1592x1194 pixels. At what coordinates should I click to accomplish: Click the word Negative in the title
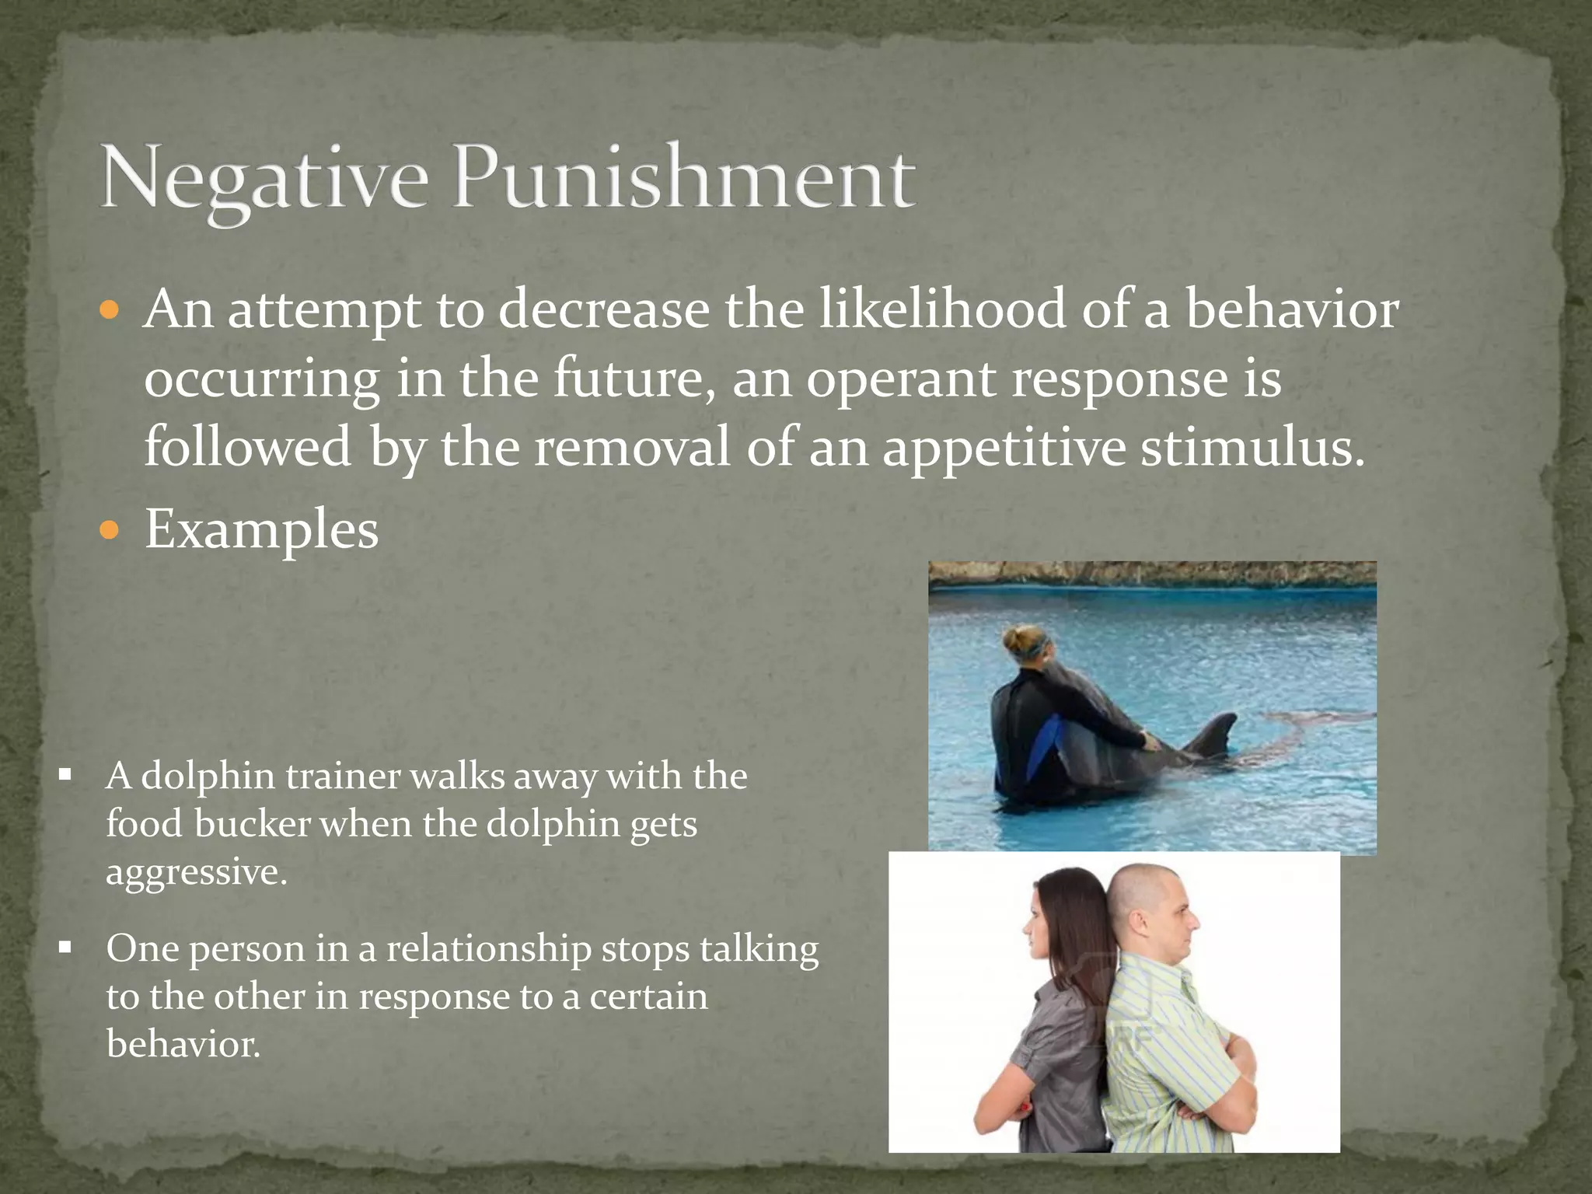pyautogui.click(x=264, y=179)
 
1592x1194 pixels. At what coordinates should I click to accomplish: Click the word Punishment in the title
pyautogui.click(x=684, y=179)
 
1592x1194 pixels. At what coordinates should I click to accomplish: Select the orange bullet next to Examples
pyautogui.click(x=110, y=532)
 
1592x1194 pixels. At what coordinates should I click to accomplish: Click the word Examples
pyautogui.click(x=261, y=530)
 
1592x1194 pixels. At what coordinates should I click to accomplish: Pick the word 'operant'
pyautogui.click(x=902, y=379)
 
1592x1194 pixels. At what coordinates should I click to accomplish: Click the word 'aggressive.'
pyautogui.click(x=196, y=872)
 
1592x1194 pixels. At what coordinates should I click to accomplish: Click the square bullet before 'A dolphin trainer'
pyautogui.click(x=65, y=775)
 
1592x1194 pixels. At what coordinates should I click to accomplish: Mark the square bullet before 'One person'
pyautogui.click(x=65, y=948)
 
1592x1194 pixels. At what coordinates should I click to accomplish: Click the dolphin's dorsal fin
pyautogui.click(x=1217, y=734)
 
